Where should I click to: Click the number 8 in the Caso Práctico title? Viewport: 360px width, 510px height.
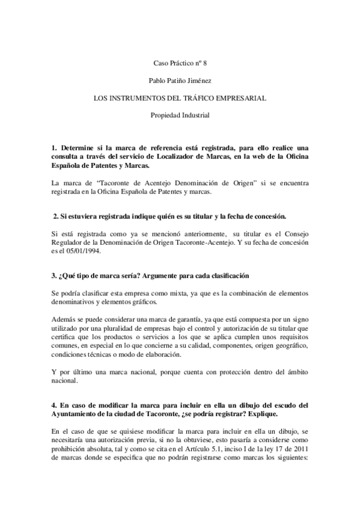(204, 63)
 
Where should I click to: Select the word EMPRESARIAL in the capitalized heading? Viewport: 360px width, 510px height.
(241, 97)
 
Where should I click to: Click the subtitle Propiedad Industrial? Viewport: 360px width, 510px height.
(179, 114)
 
